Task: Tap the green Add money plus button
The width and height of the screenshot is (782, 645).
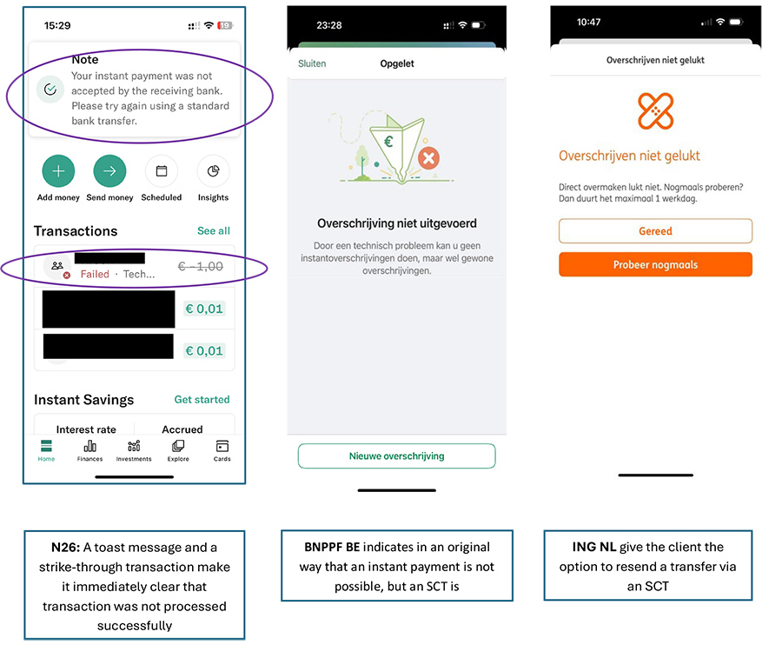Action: click(x=58, y=171)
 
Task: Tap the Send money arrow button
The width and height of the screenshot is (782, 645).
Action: click(x=109, y=171)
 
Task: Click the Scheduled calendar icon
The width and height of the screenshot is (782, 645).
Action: click(x=162, y=171)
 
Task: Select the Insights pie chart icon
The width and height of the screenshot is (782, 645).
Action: click(x=214, y=171)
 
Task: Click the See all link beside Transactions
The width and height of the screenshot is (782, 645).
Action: click(x=214, y=231)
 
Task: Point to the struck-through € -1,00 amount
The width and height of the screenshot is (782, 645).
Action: click(x=201, y=266)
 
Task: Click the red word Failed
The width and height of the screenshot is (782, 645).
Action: click(x=95, y=275)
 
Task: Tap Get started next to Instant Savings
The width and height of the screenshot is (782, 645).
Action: click(x=202, y=400)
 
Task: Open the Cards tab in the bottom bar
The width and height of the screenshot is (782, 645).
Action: click(x=222, y=450)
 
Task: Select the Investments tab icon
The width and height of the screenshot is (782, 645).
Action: click(x=134, y=445)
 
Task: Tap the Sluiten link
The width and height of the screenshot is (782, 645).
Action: click(x=312, y=63)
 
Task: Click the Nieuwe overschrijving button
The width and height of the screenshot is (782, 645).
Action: click(x=397, y=456)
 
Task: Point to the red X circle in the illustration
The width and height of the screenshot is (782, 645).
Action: click(x=428, y=159)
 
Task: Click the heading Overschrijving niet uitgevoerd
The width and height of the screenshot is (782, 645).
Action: click(x=397, y=223)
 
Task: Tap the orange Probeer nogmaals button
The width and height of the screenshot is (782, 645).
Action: click(x=655, y=264)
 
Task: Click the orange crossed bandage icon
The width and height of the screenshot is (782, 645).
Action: click(x=656, y=110)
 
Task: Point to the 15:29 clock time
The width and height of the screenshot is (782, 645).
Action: click(x=57, y=25)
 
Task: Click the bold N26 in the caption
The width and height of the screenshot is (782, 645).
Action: click(x=65, y=548)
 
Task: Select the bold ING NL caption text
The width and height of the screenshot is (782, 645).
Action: click(x=594, y=547)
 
